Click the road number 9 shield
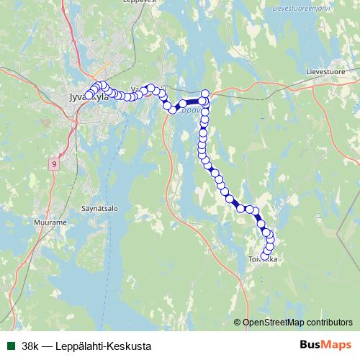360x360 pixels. point(54,165)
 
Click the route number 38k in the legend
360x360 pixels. point(30,346)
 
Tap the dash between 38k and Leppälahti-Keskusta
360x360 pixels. point(48,346)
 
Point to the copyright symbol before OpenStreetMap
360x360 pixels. point(238,323)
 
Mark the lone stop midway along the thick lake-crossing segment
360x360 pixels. point(183,104)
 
